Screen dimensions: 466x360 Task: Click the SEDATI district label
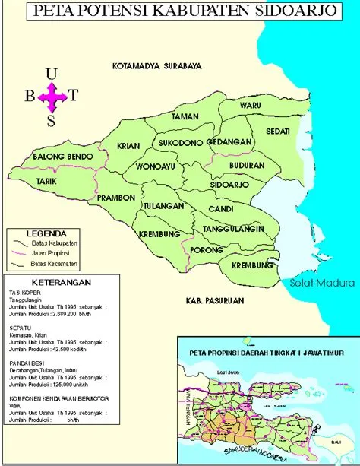[278, 131]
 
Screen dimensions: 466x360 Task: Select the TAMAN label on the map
[185, 117]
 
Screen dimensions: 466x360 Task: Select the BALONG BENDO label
[62, 157]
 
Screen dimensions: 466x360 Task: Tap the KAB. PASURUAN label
[213, 301]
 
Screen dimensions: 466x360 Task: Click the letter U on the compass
[52, 74]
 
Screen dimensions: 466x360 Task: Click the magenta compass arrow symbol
[52, 96]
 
